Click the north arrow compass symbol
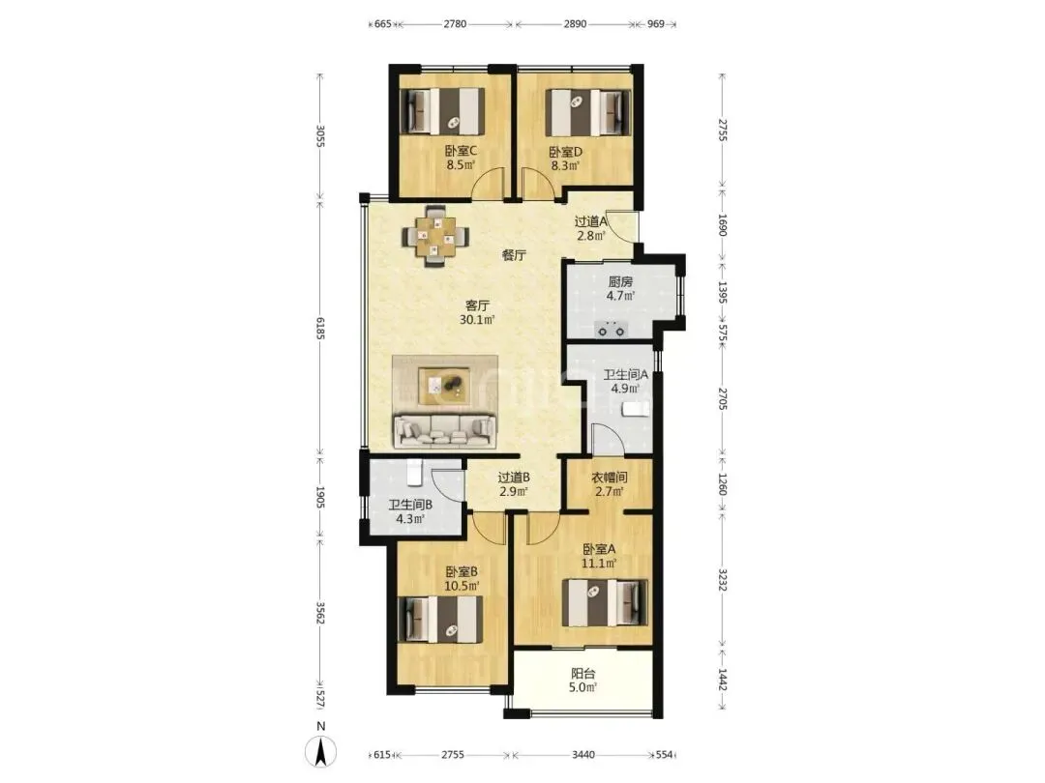[320, 752]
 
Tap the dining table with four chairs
[435, 237]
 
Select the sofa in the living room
[444, 431]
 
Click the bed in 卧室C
[442, 111]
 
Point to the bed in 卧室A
[605, 602]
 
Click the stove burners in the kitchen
[612, 329]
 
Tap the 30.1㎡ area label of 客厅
[477, 320]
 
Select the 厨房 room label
[620, 281]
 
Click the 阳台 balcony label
[583, 673]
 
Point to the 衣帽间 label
[610, 478]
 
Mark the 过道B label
[514, 478]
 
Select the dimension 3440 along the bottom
[583, 754]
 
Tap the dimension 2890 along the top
[575, 24]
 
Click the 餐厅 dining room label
[514, 255]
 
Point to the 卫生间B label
[410, 505]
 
